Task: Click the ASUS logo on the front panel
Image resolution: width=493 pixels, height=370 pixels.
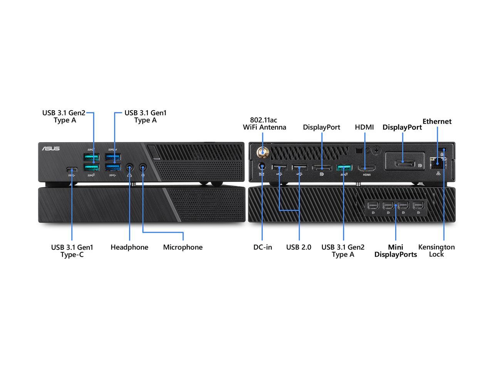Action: click(x=51, y=148)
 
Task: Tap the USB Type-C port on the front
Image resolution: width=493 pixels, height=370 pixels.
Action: click(x=72, y=169)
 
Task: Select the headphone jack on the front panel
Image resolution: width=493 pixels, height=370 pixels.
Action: click(x=129, y=168)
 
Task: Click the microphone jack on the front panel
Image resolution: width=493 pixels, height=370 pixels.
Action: click(x=143, y=168)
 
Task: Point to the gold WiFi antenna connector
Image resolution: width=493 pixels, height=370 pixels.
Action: click(x=263, y=153)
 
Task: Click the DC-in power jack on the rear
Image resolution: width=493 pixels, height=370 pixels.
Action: click(x=262, y=166)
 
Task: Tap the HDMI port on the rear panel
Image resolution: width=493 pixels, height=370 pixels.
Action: click(x=367, y=168)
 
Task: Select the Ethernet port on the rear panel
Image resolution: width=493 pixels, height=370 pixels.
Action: click(x=438, y=163)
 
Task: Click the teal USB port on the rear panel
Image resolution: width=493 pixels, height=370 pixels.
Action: click(x=344, y=168)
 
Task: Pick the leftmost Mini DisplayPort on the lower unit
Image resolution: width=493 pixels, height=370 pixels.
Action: click(x=373, y=205)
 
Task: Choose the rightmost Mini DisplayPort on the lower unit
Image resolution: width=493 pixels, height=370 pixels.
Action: click(x=418, y=205)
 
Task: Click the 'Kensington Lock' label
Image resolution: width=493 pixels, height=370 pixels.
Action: click(x=436, y=251)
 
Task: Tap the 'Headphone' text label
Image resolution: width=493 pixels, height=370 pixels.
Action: click(x=129, y=247)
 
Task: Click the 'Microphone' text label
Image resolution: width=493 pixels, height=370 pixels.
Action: click(x=183, y=247)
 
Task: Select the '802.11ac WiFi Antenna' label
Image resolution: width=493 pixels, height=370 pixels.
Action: click(x=264, y=124)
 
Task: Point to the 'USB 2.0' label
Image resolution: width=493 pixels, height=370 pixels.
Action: click(x=298, y=247)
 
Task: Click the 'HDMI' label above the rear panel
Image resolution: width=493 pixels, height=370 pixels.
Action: click(x=364, y=127)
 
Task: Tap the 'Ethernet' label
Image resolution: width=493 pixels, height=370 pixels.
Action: click(x=437, y=121)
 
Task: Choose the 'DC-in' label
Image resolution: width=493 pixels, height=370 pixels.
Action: click(x=263, y=247)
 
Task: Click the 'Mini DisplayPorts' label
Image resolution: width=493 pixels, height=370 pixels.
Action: click(x=396, y=251)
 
